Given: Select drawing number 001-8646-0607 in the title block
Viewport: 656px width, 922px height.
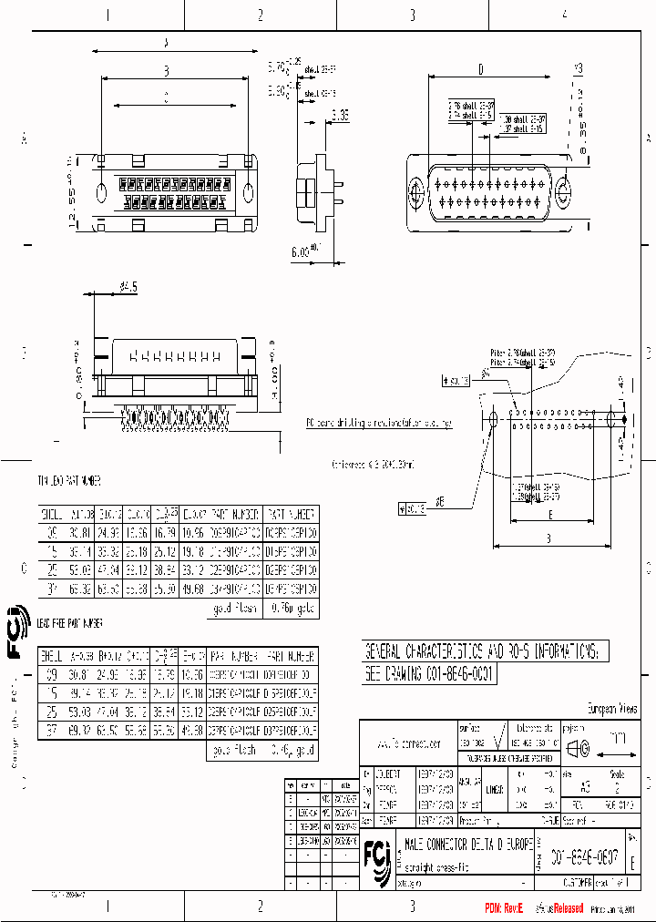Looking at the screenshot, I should pos(583,857).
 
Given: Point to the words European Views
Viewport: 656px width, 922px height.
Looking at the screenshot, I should pos(610,709).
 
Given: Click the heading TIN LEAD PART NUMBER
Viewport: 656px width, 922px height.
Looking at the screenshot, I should pos(69,480).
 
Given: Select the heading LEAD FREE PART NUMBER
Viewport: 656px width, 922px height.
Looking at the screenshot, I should pos(70,623).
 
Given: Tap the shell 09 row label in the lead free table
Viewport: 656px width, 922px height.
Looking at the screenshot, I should pos(51,675).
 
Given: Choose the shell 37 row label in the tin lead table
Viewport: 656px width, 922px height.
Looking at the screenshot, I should pos(51,591).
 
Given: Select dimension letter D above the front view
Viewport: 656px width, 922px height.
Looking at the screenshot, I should pos(480,68).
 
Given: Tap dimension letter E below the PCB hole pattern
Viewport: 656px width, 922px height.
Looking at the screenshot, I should pos(552,514).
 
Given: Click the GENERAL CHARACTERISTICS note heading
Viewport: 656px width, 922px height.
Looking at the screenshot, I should pos(482,652).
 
